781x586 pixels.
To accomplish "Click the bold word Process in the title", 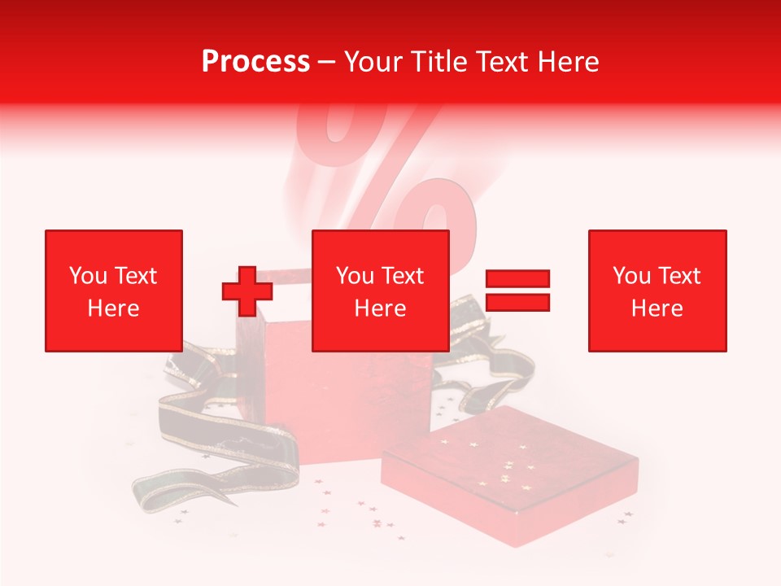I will [255, 62].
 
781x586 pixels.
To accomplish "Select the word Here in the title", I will [567, 62].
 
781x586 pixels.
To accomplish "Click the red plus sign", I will [247, 291].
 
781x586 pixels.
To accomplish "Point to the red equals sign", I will [517, 291].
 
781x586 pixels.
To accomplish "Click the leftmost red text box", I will [114, 291].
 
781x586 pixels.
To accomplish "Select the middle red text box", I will [381, 291].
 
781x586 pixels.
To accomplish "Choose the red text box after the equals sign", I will [657, 291].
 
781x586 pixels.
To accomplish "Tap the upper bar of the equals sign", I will [517, 279].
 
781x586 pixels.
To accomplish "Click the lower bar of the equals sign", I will [517, 302].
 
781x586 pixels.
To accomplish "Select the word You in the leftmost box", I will [87, 276].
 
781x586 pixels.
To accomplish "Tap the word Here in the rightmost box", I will [657, 308].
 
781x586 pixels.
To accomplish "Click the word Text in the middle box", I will [401, 276].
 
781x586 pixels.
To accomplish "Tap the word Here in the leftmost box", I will [114, 308].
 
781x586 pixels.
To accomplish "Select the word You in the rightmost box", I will [630, 276].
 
